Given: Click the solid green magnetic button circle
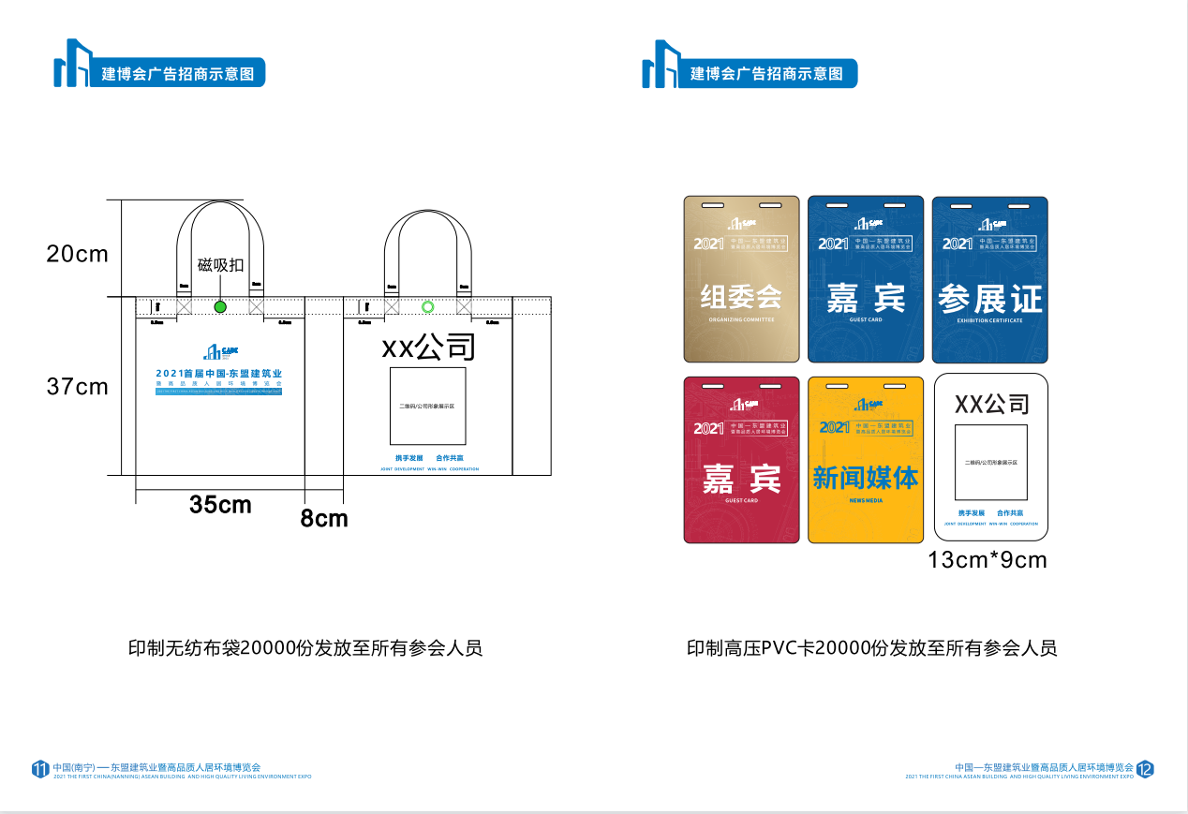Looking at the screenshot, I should tap(220, 307).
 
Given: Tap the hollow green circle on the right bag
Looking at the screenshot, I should tap(428, 307).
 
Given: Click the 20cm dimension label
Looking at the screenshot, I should tap(78, 254).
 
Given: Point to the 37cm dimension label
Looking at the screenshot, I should tap(78, 386).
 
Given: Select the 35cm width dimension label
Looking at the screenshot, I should tap(220, 505).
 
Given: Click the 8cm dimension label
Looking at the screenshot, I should tap(324, 518).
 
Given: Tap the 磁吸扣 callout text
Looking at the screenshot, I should tap(220, 265).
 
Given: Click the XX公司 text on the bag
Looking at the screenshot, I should tap(428, 348).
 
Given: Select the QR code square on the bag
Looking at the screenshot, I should tap(428, 407).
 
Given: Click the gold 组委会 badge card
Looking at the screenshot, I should tap(741, 279).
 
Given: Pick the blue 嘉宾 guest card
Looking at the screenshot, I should tap(866, 279).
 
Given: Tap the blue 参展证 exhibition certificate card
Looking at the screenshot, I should tap(989, 279).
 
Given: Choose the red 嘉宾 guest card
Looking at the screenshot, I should tap(741, 459).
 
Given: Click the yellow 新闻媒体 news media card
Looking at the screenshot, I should tap(866, 459).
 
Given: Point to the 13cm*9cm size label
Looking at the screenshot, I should tap(988, 560).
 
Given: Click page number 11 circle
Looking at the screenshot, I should tap(40, 769).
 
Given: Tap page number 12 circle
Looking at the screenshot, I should tap(1145, 769).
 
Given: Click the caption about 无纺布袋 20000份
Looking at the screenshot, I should tap(305, 648).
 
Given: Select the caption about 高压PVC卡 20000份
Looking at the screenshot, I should tap(871, 648).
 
